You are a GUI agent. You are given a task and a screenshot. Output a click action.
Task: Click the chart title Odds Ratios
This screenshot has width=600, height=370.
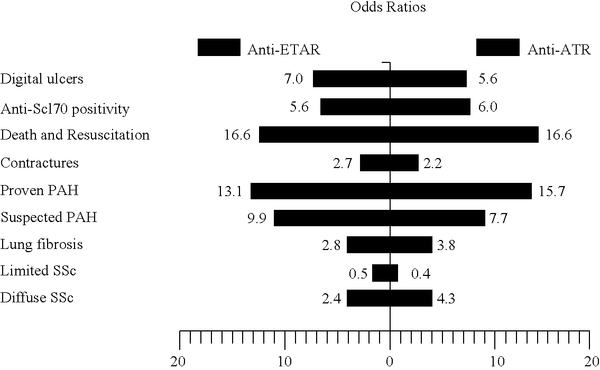click(388, 7)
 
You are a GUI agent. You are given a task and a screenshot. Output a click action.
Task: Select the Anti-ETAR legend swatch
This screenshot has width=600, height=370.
click(219, 48)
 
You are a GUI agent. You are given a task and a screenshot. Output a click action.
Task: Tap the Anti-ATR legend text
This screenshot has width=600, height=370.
click(559, 50)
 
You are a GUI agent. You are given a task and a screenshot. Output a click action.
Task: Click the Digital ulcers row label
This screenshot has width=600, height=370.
click(42, 79)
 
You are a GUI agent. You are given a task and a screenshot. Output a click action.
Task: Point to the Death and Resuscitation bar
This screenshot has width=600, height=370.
click(399, 135)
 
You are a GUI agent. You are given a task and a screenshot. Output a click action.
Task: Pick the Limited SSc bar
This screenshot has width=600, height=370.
click(385, 273)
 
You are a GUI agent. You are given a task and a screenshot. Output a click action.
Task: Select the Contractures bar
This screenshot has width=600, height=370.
click(389, 163)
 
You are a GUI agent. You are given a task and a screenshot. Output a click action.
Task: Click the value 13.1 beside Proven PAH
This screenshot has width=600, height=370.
click(229, 191)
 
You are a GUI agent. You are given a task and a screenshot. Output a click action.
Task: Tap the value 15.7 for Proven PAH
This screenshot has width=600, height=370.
click(551, 191)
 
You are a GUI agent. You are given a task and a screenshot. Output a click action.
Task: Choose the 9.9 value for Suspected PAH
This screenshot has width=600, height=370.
click(256, 218)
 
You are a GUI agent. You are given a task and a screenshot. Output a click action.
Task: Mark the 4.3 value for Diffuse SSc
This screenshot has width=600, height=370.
click(446, 299)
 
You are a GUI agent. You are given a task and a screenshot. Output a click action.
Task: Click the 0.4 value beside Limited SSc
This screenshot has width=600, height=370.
click(421, 274)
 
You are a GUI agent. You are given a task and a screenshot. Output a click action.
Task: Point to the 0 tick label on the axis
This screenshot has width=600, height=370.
click(390, 361)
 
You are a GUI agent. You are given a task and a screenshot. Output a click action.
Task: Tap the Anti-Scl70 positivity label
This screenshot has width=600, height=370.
click(64, 109)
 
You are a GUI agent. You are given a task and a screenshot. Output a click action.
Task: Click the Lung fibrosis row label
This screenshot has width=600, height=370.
click(41, 244)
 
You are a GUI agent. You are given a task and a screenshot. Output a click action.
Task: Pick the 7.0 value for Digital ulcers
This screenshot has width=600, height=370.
click(293, 79)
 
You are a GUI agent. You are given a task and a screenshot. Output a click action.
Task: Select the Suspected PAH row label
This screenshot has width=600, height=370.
click(49, 217)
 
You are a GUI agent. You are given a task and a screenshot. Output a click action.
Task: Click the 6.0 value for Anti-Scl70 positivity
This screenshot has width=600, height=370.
click(488, 107)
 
